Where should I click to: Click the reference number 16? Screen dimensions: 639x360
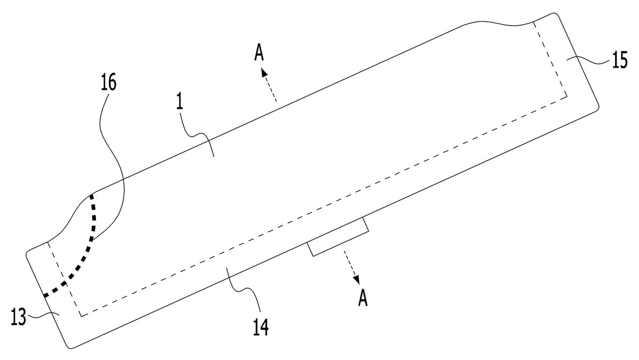pos(109,83)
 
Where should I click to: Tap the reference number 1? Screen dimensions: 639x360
pos(180,103)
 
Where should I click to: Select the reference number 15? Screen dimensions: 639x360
pos(620,60)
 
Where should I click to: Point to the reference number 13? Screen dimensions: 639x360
pos(19,317)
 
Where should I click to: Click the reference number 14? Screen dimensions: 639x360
pos(261,327)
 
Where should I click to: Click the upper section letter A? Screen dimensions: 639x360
pos(259,53)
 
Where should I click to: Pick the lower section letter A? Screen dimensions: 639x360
pos(363,298)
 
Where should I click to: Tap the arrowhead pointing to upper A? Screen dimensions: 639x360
pos(265,72)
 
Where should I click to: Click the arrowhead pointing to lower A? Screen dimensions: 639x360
pos(357,279)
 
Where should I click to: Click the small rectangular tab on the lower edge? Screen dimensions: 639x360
pos(338,237)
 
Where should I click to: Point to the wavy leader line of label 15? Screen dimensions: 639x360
pos(588,61)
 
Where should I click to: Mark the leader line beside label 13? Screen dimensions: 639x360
pos(43,315)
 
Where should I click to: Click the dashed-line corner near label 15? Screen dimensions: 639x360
pos(567,97)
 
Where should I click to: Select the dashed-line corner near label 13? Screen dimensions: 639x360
pos(81,316)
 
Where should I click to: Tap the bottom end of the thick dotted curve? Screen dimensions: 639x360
pos(45,296)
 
